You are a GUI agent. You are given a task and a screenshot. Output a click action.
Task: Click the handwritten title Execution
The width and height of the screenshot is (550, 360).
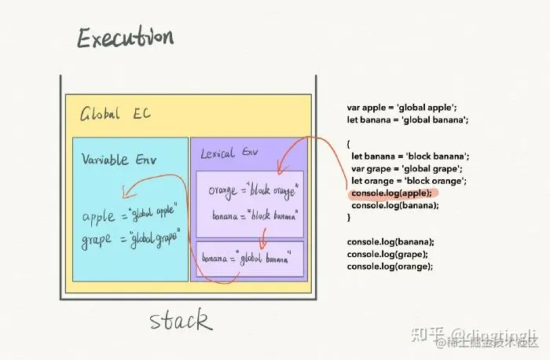pyautogui.click(x=125, y=39)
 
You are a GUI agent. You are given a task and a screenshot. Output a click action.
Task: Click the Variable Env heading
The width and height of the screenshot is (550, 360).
pyautogui.click(x=119, y=160)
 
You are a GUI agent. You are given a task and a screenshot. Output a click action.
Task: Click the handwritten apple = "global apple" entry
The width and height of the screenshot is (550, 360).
pyautogui.click(x=130, y=213)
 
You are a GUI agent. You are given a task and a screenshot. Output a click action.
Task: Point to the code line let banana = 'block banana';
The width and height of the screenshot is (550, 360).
pyautogui.click(x=410, y=156)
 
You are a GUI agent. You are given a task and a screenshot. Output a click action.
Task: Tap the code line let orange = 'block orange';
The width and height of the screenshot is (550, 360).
pyautogui.click(x=410, y=181)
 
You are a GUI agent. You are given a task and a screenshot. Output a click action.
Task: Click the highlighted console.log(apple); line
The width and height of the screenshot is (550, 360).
pyautogui.click(x=391, y=193)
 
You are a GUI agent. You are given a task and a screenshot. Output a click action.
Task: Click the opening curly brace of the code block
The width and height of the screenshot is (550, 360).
pyautogui.click(x=349, y=144)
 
